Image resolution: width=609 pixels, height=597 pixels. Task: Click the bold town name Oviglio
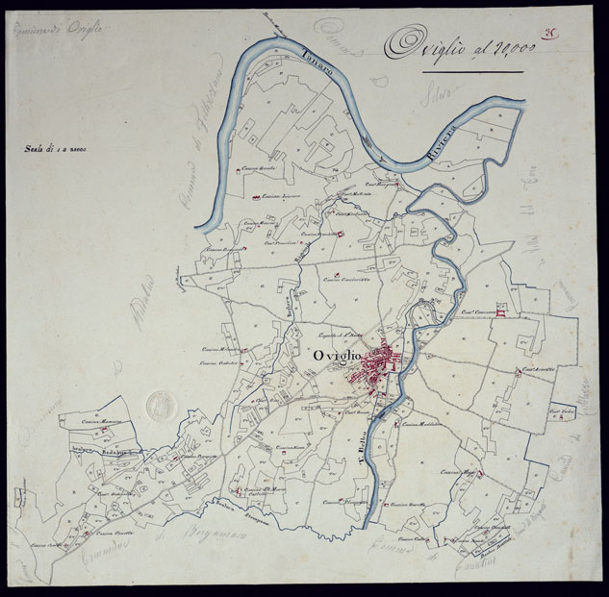tap(361, 355)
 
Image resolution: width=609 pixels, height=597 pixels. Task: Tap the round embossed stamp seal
tap(161, 405)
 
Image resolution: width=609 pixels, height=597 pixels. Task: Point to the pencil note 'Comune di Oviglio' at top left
tap(60, 29)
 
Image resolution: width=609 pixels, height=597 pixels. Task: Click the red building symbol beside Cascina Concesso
tap(500, 310)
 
